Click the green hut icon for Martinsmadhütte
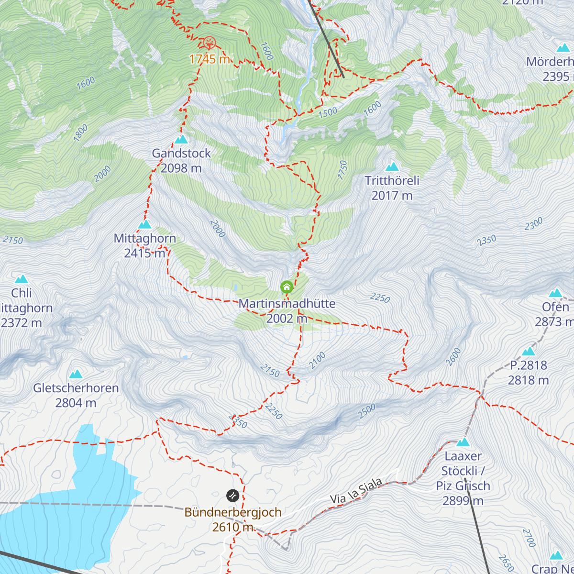pyautogui.click(x=287, y=287)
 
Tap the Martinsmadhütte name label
pyautogui.click(x=287, y=304)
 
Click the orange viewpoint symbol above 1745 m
pyautogui.click(x=210, y=44)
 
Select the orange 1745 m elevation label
pyautogui.click(x=210, y=59)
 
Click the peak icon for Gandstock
pyautogui.click(x=181, y=139)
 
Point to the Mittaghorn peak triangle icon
pyautogui.click(x=145, y=224)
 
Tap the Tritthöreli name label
pyautogui.click(x=392, y=181)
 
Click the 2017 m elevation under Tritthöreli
pyautogui.click(x=392, y=196)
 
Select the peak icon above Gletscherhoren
pyautogui.click(x=76, y=374)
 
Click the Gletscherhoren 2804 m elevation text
pyautogui.click(x=76, y=403)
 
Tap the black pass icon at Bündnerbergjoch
pyautogui.click(x=232, y=495)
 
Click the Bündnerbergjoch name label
pyautogui.click(x=233, y=512)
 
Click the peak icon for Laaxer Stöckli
pyautogui.click(x=463, y=442)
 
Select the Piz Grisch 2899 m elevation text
pyautogui.click(x=463, y=501)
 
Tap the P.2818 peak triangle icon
pyautogui.click(x=529, y=352)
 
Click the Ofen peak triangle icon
pyautogui.click(x=555, y=293)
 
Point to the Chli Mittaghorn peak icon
pyautogui.click(x=21, y=279)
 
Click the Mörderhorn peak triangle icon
pyautogui.click(x=563, y=48)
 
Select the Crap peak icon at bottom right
pyautogui.click(x=556, y=555)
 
